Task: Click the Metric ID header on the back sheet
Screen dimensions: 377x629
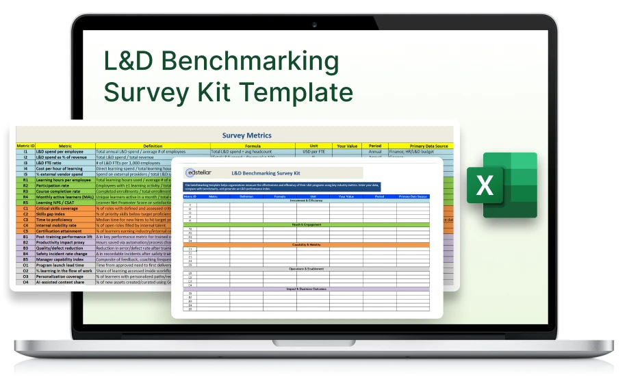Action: pos(25,146)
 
